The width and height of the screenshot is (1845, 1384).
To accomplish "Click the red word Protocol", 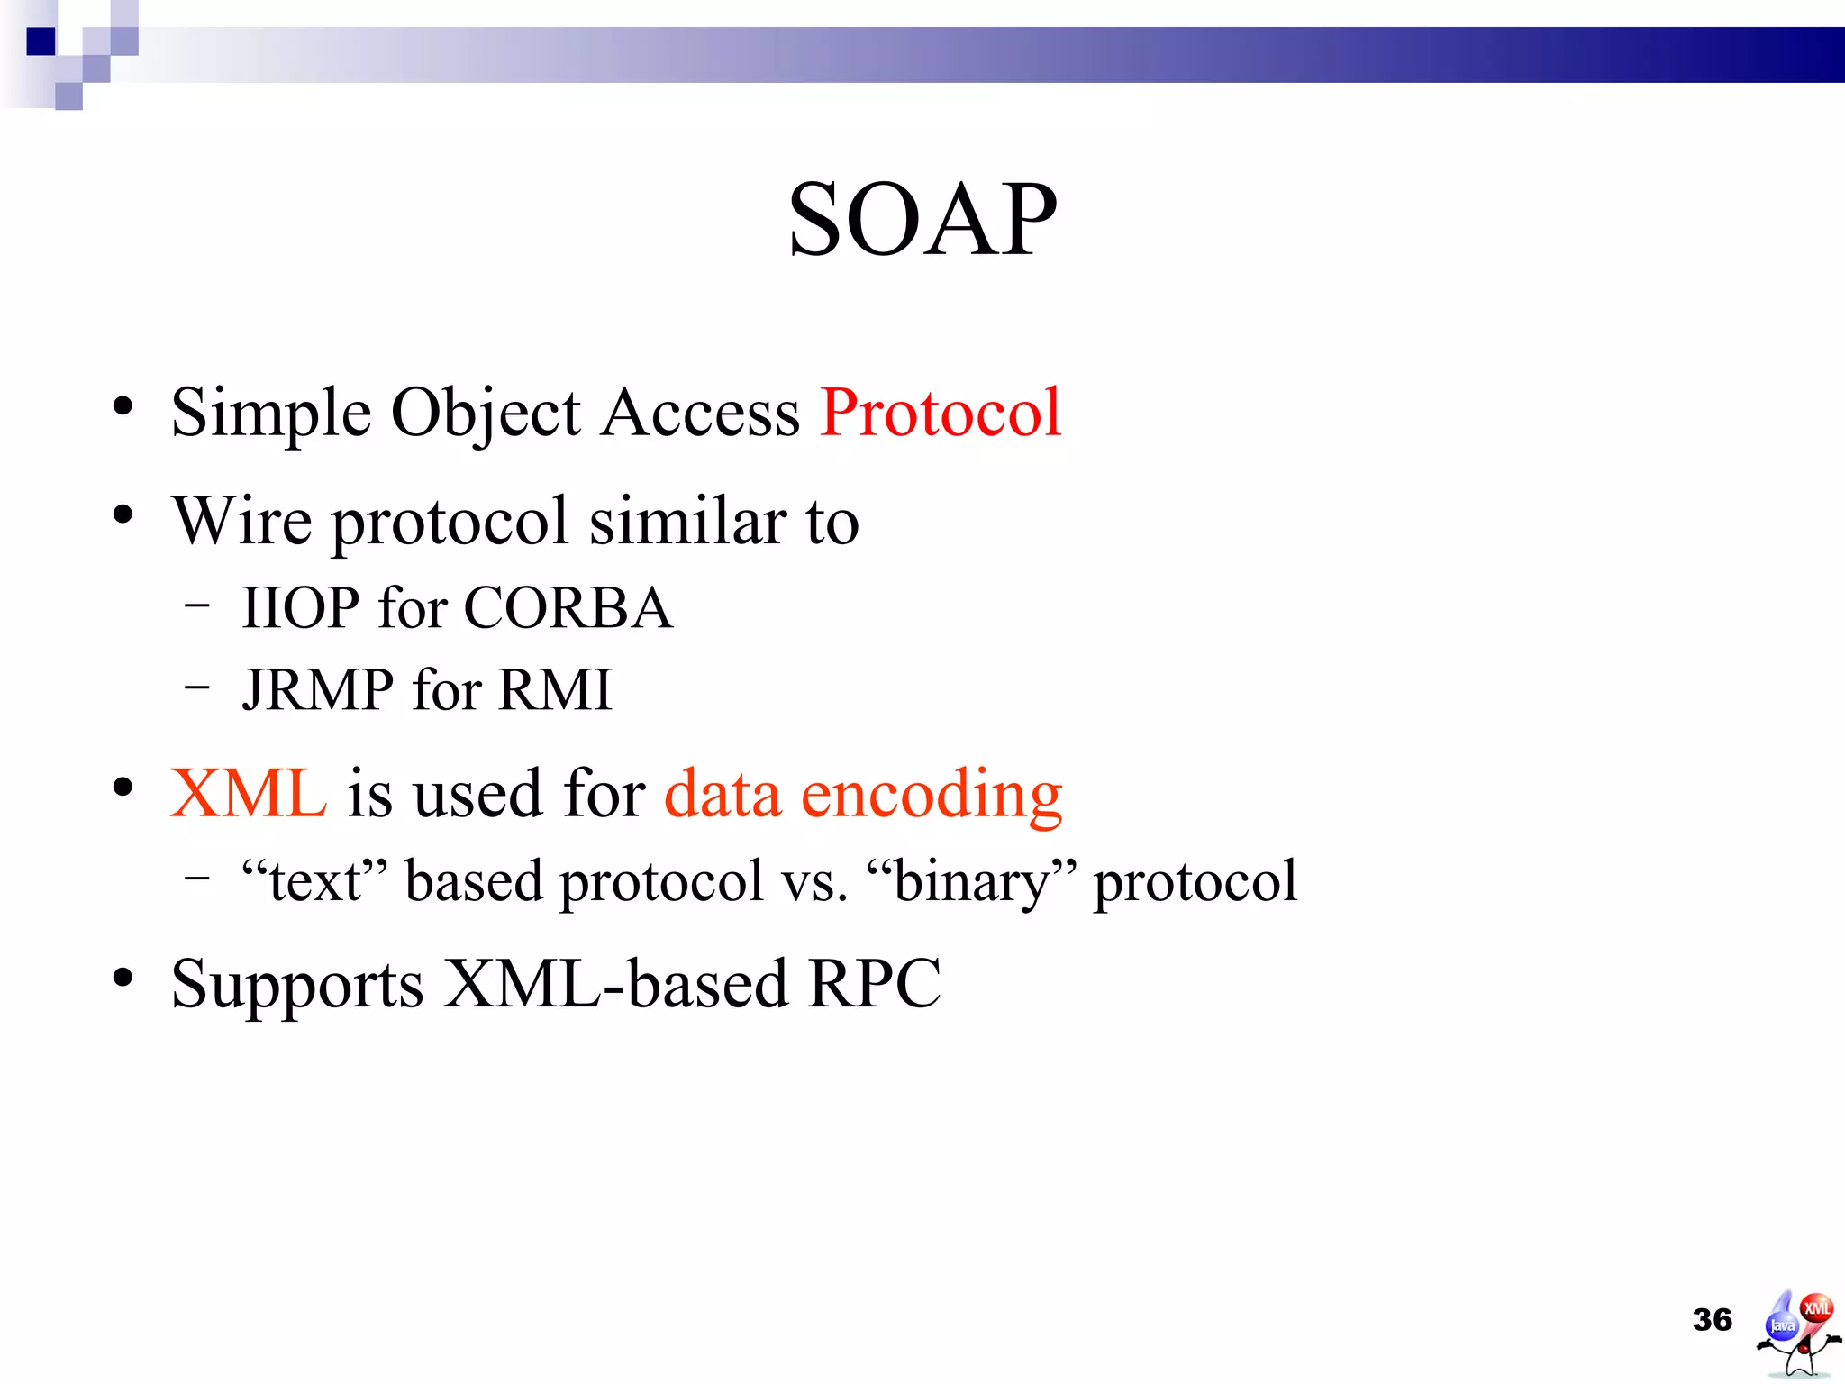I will pos(941,413).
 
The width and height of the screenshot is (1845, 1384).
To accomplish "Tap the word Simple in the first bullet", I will pos(270,413).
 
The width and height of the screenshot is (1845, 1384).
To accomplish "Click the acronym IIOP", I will pos(300,607).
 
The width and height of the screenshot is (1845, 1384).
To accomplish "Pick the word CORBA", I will pos(568,607).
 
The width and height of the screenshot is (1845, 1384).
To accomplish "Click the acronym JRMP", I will pos(317,690).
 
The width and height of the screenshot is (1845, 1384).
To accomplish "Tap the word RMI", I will pos(554,690).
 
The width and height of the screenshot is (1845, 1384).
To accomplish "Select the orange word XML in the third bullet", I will pos(248,794).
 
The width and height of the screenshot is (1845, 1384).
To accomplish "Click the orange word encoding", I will pos(932,796).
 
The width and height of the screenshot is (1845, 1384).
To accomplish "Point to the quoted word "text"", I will pos(314,880).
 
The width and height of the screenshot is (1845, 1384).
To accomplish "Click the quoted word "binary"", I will pos(972,880).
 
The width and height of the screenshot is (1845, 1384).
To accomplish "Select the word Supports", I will pos(297,985).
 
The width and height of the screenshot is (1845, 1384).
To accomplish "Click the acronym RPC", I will pos(874,983).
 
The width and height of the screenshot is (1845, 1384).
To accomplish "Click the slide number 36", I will pos(1712,1320).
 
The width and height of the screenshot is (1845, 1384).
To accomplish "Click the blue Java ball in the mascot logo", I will pos(1782,1325).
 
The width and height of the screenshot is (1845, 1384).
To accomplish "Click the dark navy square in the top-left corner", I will pos(41,41).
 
